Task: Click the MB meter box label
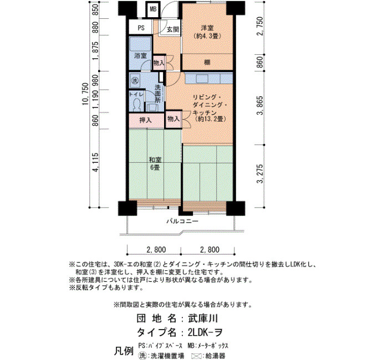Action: pyautogui.click(x=153, y=9)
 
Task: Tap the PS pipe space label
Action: pyautogui.click(x=141, y=28)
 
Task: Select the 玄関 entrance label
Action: pyautogui.click(x=173, y=29)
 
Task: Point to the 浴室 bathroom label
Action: pyautogui.click(x=140, y=55)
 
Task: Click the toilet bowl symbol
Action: pyautogui.click(x=136, y=105)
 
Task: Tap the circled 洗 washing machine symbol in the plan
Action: pyautogui.click(x=135, y=80)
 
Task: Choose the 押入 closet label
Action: pyautogui.click(x=145, y=120)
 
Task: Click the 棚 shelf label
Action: pyautogui.click(x=207, y=62)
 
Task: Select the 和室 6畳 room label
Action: pyautogui.click(x=155, y=163)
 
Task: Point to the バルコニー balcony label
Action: pyautogui.click(x=182, y=221)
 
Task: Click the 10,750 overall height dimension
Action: pyautogui.click(x=85, y=94)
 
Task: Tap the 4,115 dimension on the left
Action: pyautogui.click(x=95, y=162)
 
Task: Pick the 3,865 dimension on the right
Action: pyautogui.click(x=260, y=106)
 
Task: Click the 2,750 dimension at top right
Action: pyautogui.click(x=260, y=26)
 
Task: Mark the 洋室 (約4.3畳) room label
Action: pyautogui.click(x=207, y=32)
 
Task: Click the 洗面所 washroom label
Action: pyautogui.click(x=157, y=94)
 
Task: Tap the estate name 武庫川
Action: pyautogui.click(x=203, y=318)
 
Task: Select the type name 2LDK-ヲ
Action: pyautogui.click(x=205, y=332)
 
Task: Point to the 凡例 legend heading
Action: pyautogui.click(x=124, y=351)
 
